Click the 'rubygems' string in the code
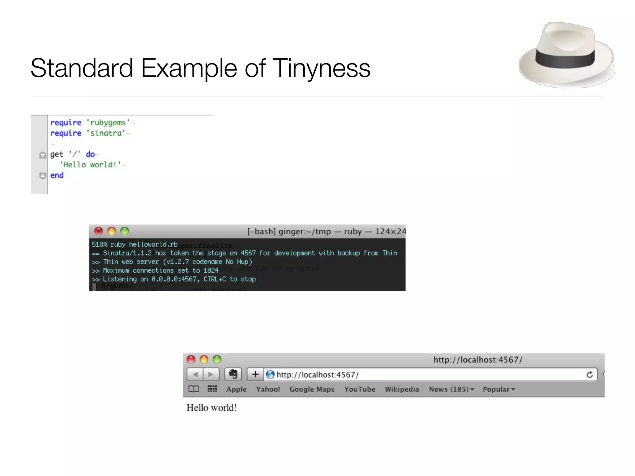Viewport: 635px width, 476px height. (x=108, y=123)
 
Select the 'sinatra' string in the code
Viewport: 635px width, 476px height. (x=106, y=133)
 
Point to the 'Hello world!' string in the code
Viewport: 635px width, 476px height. (x=90, y=165)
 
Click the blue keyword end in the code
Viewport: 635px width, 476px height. (x=57, y=175)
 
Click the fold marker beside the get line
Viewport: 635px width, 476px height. (x=42, y=155)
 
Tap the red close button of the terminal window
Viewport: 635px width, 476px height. (x=99, y=231)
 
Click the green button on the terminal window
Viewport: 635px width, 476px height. (x=125, y=231)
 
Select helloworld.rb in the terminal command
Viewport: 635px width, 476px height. (x=153, y=245)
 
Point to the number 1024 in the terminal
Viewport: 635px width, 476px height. (x=211, y=271)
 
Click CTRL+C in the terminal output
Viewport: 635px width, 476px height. (x=215, y=279)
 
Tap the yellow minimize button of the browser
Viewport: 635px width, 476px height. (x=204, y=359)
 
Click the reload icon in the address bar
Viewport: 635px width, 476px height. (x=589, y=375)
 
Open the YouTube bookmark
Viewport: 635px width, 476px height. (x=360, y=389)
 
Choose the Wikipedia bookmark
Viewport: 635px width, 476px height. (x=402, y=389)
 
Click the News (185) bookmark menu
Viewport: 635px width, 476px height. (x=451, y=389)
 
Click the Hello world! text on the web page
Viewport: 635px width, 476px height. (x=212, y=408)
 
